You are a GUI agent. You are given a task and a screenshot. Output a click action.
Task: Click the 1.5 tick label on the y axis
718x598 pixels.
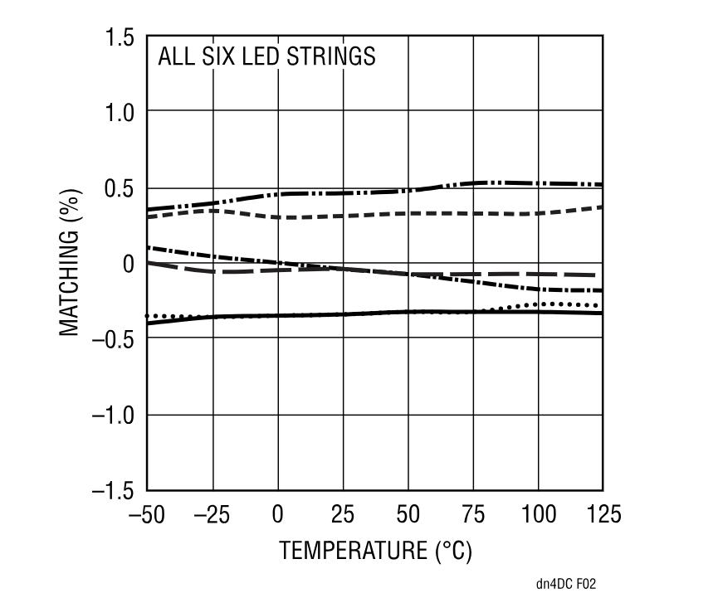(120, 37)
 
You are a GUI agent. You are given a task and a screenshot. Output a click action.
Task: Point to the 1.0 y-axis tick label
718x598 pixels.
(120, 112)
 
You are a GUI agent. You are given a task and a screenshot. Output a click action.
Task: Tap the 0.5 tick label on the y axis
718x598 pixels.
(120, 188)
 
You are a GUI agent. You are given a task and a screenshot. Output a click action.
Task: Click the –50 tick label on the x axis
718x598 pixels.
(146, 515)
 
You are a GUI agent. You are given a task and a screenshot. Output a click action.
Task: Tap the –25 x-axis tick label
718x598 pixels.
(212, 515)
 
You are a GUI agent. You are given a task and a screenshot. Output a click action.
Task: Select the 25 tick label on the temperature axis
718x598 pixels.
(343, 515)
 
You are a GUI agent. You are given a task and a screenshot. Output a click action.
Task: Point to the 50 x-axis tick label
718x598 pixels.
(408, 515)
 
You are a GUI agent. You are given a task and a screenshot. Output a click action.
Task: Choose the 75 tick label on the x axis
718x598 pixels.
(474, 515)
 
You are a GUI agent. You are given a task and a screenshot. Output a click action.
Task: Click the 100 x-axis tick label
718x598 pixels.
(539, 515)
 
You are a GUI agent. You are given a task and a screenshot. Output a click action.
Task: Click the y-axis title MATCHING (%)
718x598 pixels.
(71, 264)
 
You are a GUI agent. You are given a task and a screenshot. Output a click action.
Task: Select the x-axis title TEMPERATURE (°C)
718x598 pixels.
(375, 551)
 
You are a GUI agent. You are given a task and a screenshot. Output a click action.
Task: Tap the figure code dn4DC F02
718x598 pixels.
(566, 584)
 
